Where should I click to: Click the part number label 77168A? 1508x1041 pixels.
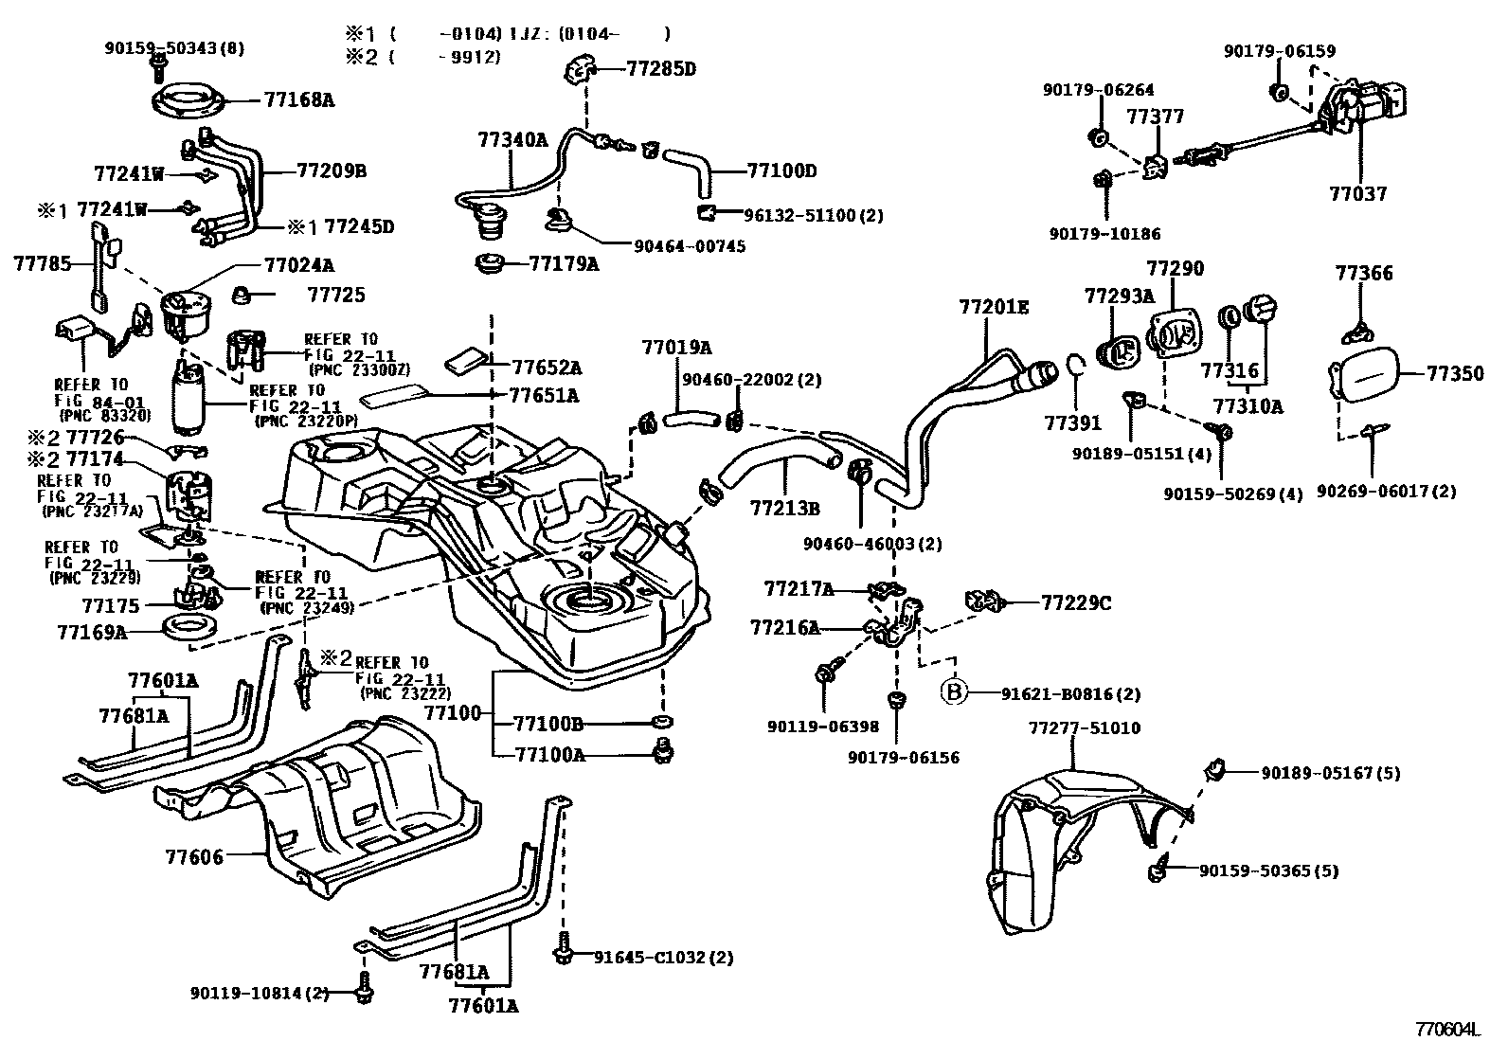(299, 100)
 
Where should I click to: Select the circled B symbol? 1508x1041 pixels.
(953, 691)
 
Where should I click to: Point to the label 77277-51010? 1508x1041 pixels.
(1085, 727)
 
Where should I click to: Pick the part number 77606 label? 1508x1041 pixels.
(194, 857)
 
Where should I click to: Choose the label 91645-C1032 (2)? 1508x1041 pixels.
(663, 957)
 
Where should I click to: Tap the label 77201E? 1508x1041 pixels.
(994, 307)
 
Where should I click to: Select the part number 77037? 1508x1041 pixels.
(1358, 194)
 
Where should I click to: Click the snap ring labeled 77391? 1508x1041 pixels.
(1076, 365)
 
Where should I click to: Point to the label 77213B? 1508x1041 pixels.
(785, 509)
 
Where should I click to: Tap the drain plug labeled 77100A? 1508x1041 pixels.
(663, 751)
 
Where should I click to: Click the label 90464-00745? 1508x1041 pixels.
(690, 246)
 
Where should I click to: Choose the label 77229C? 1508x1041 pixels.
(1076, 602)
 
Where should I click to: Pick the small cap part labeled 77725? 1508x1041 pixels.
(242, 295)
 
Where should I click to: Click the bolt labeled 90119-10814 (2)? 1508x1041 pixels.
(364, 993)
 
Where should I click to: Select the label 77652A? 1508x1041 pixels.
(547, 368)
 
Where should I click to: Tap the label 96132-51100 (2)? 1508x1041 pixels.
(814, 215)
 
